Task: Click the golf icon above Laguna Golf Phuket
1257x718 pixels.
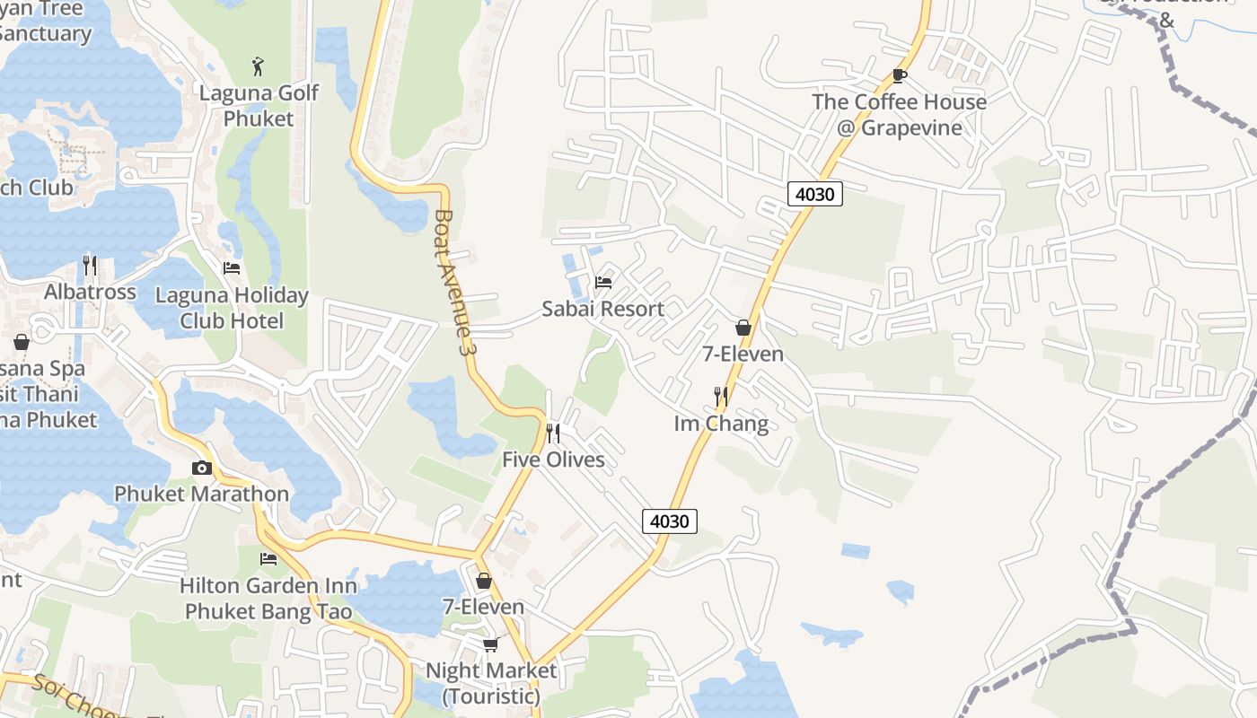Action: point(259,66)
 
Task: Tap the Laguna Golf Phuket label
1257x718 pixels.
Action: point(259,106)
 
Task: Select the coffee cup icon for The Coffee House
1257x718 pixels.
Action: point(899,76)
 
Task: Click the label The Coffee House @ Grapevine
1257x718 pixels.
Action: point(899,114)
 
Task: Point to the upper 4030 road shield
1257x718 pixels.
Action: point(815,193)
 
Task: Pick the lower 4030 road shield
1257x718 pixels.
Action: point(670,521)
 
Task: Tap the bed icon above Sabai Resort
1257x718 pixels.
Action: point(603,283)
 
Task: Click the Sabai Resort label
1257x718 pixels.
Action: point(602,309)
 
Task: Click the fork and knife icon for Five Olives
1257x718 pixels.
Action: point(553,433)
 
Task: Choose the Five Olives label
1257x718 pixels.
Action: point(553,460)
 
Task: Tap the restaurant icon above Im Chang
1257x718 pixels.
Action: point(720,396)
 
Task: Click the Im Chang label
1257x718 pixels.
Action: point(721,424)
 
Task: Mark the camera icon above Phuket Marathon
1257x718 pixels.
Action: point(201,468)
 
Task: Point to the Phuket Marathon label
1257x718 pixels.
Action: point(201,494)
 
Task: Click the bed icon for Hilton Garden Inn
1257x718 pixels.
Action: point(268,559)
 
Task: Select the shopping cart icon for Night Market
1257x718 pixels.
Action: point(490,644)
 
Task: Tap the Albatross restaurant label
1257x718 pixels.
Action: point(91,292)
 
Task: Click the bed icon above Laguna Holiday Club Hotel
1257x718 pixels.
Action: point(232,268)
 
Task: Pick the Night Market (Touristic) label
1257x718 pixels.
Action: point(491,683)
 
